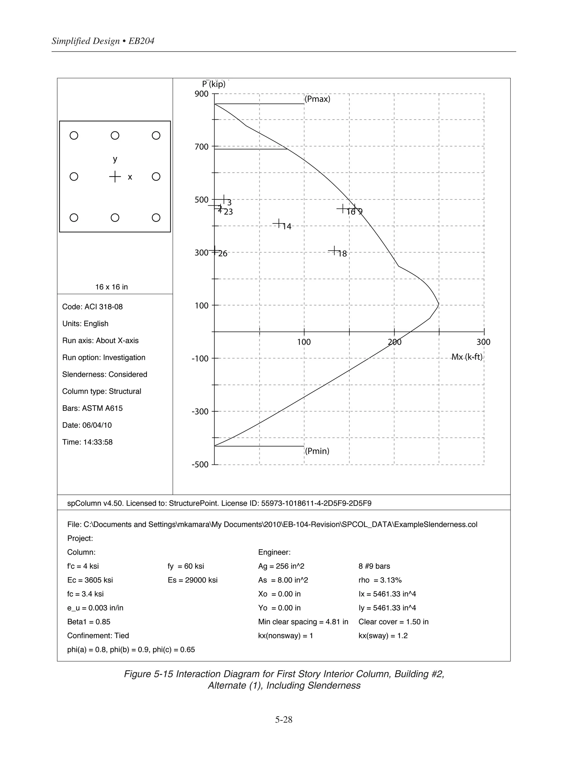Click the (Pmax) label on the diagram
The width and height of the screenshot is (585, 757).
click(317, 99)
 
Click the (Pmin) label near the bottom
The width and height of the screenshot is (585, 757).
click(317, 451)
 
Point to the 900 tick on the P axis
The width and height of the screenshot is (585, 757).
click(201, 94)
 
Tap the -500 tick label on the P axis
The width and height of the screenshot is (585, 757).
click(200, 464)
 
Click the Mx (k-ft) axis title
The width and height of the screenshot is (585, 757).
click(466, 357)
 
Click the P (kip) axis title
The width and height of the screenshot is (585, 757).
click(214, 84)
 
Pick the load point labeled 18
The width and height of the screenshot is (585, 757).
click(334, 250)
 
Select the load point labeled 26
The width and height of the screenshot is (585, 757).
click(215, 250)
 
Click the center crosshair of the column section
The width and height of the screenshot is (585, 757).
click(115, 177)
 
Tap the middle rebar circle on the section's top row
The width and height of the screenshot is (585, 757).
click(115, 135)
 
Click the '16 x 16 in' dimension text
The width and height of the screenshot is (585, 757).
click(112, 287)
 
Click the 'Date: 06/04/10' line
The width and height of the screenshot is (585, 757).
click(87, 425)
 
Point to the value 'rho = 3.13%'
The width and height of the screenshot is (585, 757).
click(380, 580)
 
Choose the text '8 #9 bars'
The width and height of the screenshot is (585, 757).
click(374, 566)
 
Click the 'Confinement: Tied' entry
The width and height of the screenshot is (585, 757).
click(98, 636)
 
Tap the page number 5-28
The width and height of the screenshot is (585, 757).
click(284, 720)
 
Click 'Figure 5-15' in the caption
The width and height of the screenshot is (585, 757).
click(148, 674)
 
